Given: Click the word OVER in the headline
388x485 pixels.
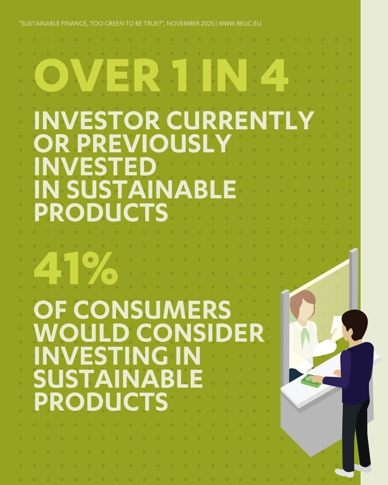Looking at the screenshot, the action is [97, 75].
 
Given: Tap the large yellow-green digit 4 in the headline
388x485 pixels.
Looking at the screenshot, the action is [274, 75].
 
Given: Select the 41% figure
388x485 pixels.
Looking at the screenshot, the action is [76, 268].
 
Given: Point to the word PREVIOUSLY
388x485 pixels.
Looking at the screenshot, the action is [154, 143].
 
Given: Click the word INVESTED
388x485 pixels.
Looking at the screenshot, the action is [95, 166].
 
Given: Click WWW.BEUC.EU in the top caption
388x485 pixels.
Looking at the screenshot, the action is [240, 23].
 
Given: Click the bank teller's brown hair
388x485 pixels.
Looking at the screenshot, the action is [303, 302].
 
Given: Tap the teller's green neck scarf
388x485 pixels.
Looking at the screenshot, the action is [305, 336].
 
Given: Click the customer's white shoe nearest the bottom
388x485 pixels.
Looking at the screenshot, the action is [344, 473].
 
